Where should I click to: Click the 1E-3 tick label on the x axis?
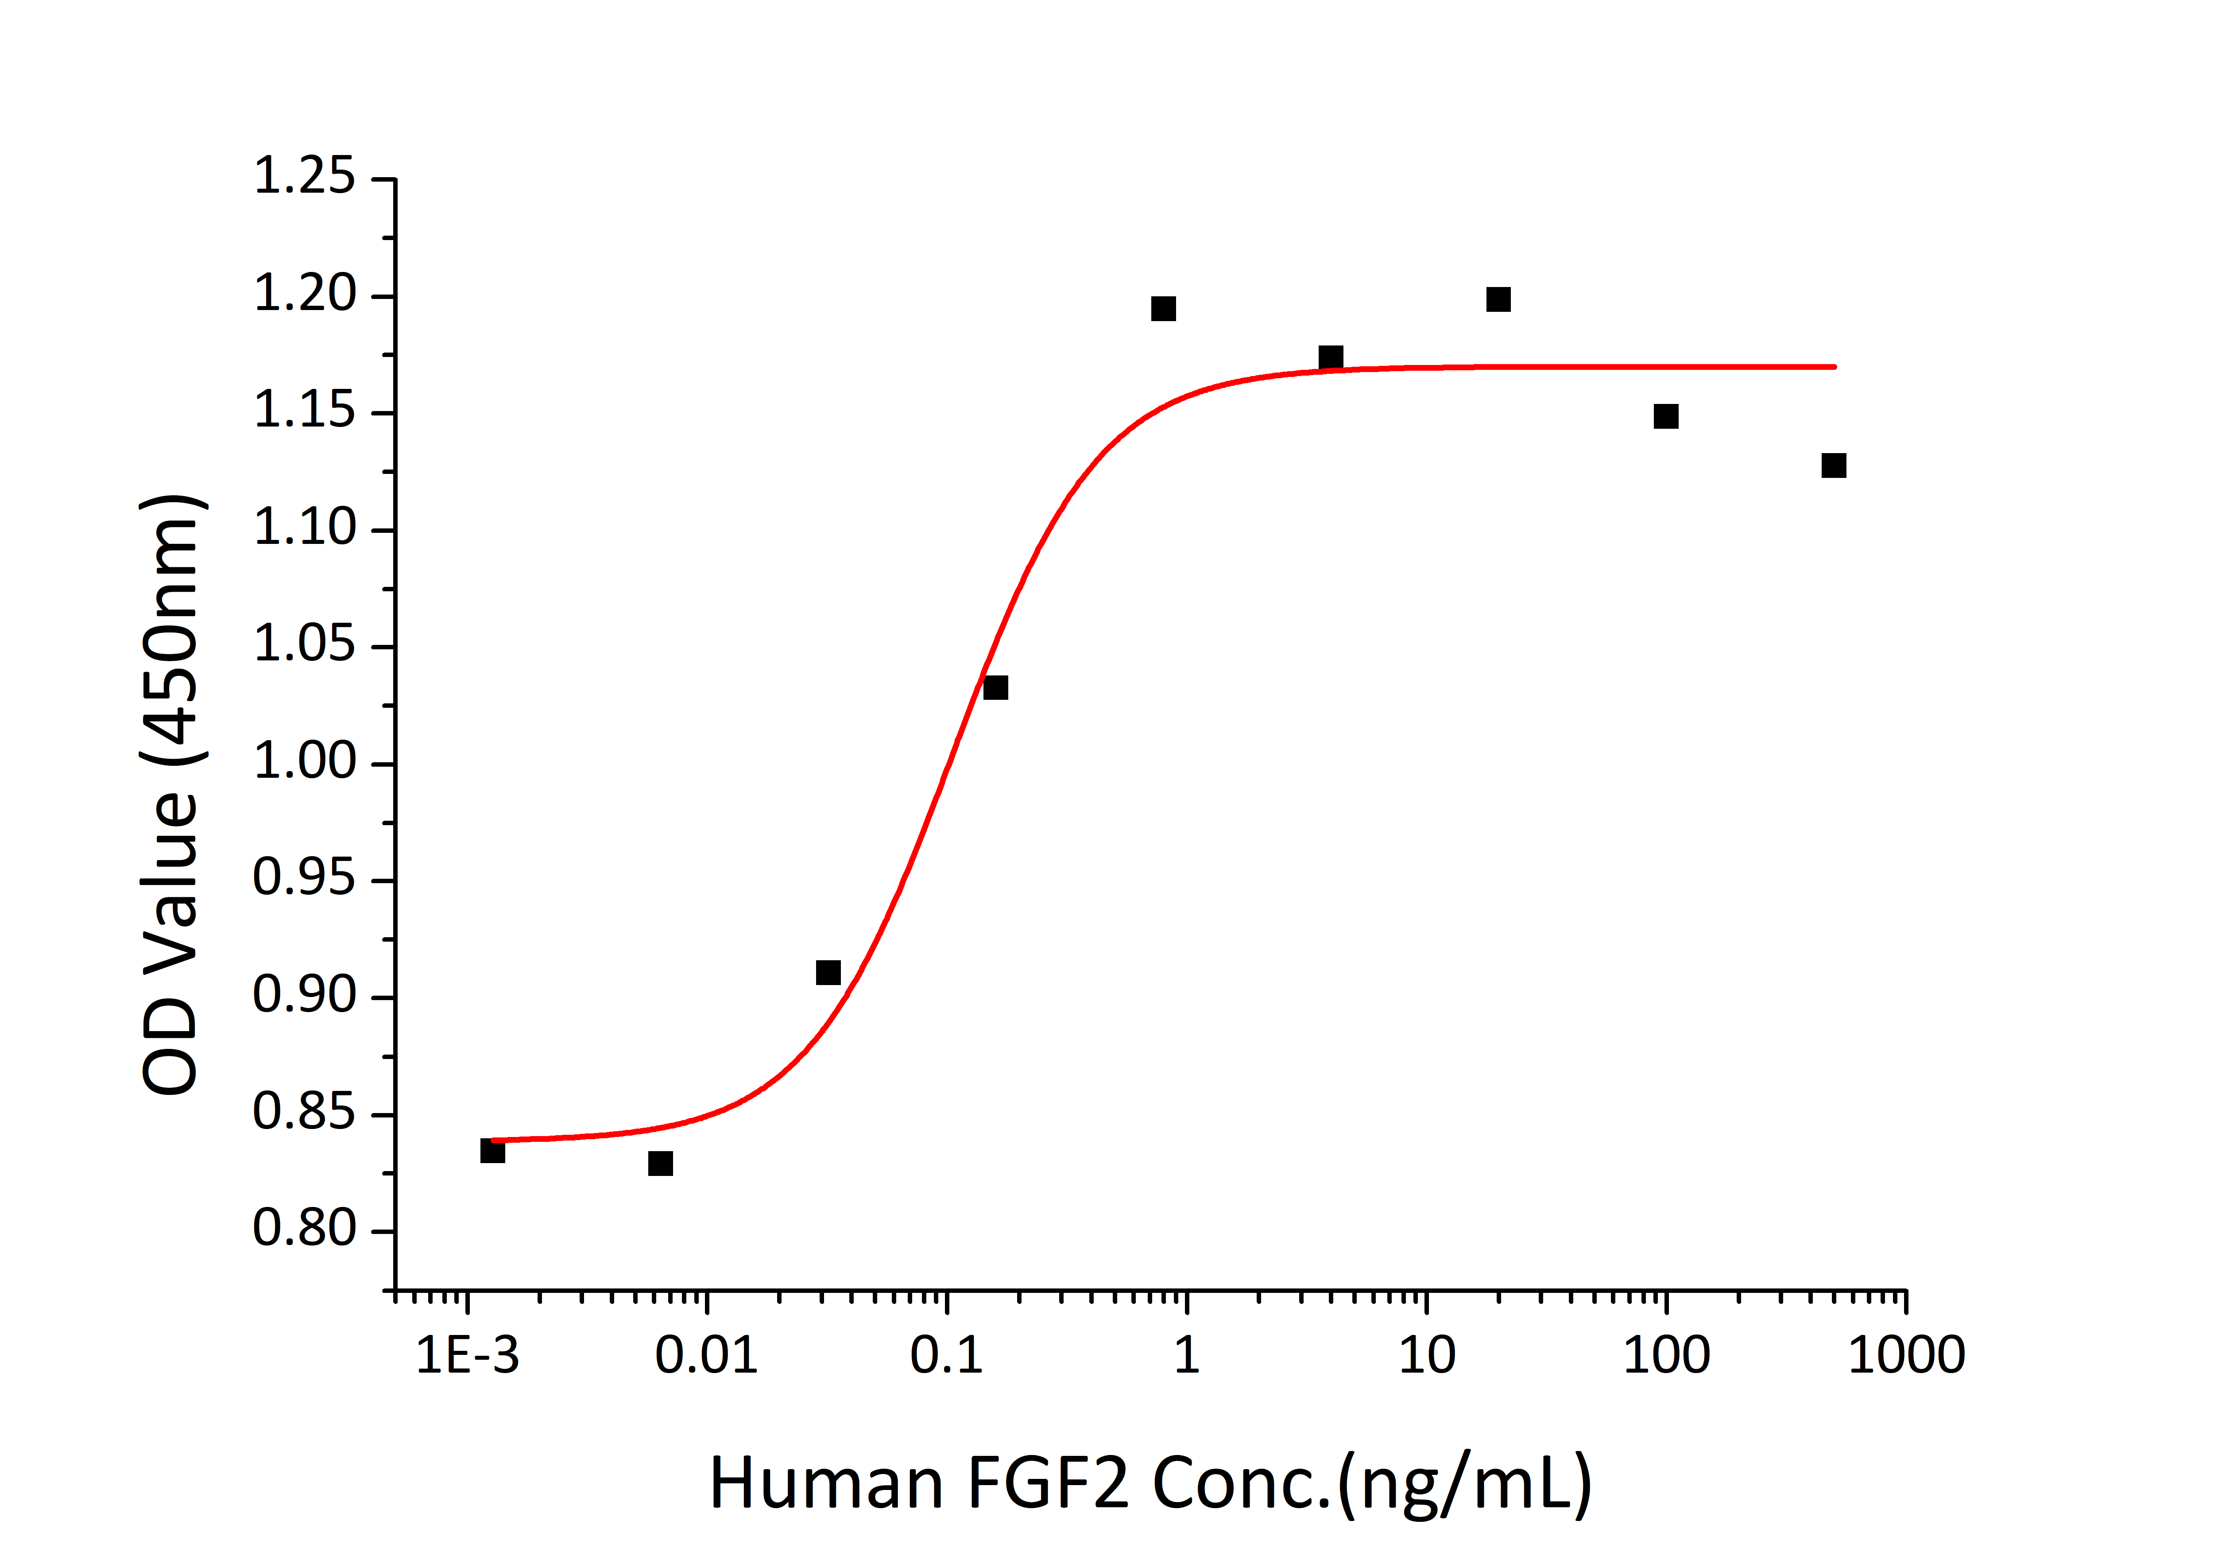(x=467, y=1356)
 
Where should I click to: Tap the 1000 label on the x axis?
(x=1905, y=1356)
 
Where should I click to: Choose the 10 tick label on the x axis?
(x=1426, y=1356)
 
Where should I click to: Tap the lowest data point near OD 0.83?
(x=660, y=1163)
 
